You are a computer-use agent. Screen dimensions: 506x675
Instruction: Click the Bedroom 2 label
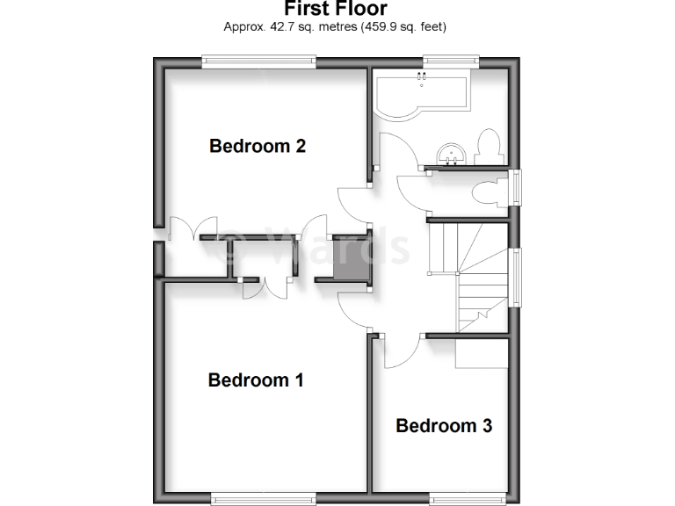[257, 146]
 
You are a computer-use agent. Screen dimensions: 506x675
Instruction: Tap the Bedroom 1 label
[256, 380]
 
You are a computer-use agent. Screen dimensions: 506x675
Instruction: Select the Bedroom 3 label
[444, 426]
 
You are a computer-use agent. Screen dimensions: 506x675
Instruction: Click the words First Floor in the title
[337, 9]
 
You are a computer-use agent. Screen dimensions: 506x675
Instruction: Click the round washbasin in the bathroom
[454, 153]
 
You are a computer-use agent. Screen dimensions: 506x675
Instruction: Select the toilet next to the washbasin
[487, 147]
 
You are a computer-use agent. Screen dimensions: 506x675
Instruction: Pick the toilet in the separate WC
[489, 192]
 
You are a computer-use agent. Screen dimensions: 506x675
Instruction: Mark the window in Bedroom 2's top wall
[258, 61]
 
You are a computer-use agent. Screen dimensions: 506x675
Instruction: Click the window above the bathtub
[449, 61]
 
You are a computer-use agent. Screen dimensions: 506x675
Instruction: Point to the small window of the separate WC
[517, 188]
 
